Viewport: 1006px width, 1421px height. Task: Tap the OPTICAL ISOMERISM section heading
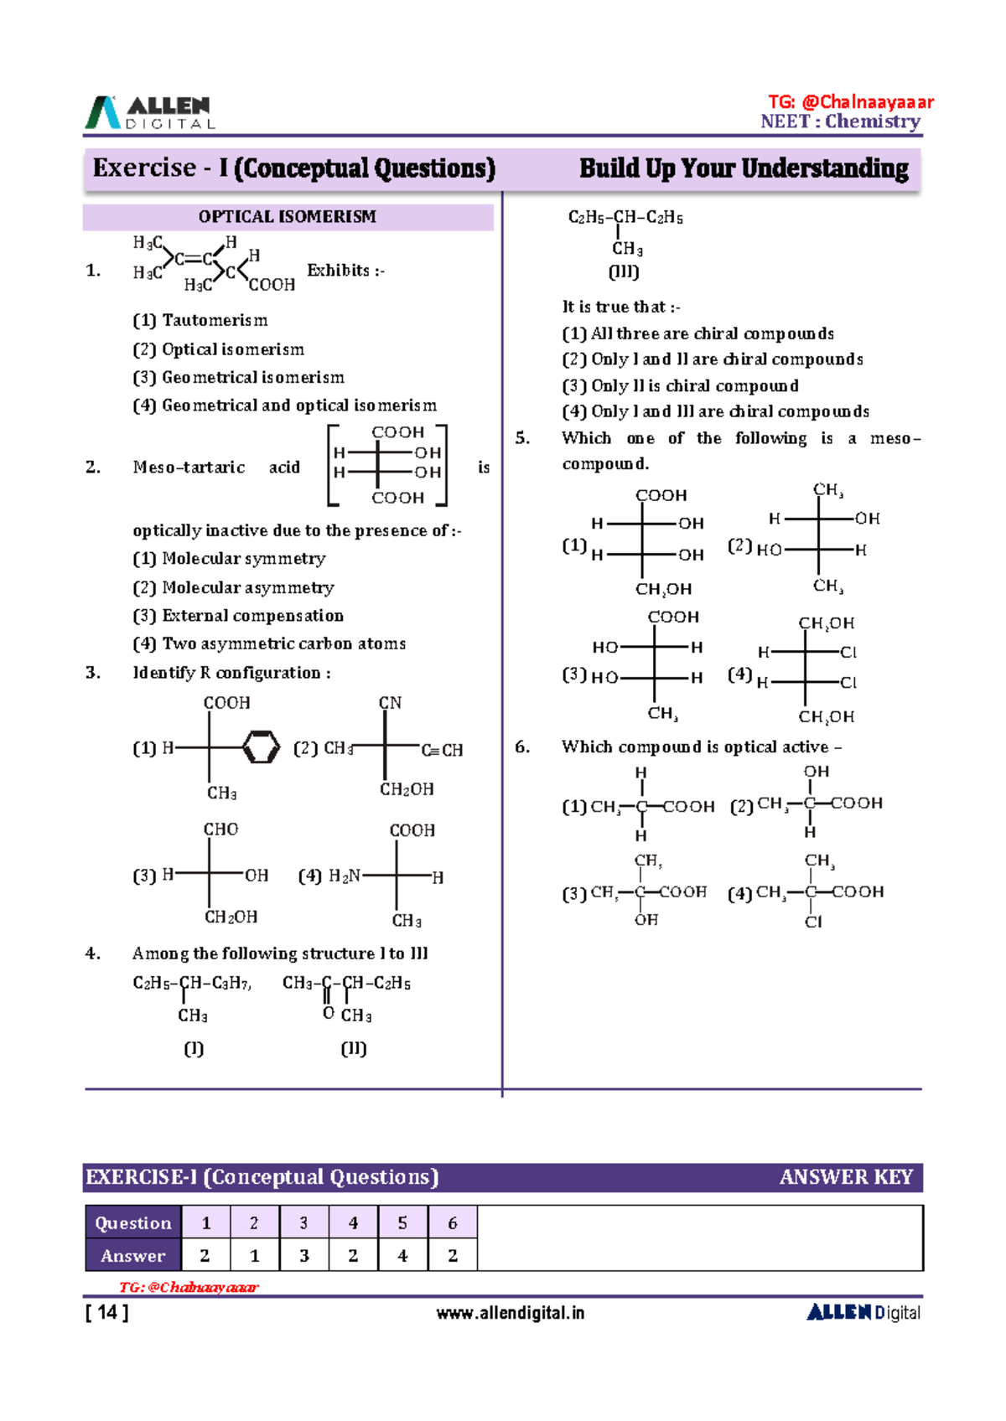[x=287, y=217]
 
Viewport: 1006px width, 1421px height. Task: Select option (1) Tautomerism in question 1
[x=200, y=320]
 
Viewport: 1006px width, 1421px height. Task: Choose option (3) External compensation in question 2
[x=238, y=616]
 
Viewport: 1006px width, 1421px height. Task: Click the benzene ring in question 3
[x=261, y=747]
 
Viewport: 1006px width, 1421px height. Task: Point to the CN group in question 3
[x=390, y=703]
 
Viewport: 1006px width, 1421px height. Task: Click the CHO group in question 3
[x=220, y=829]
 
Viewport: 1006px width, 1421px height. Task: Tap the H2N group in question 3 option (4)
[x=345, y=876]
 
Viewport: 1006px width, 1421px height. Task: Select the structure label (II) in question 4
[x=354, y=1048]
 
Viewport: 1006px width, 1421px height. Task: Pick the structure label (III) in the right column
[x=624, y=272]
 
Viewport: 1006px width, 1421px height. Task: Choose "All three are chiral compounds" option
[x=697, y=333]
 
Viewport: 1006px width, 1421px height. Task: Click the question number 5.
[x=522, y=438]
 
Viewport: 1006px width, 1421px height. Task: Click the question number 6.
[x=522, y=747]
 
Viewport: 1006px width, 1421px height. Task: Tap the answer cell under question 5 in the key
[x=402, y=1255]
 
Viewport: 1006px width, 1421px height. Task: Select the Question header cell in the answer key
[x=133, y=1222]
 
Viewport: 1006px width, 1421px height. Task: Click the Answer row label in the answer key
[x=133, y=1255]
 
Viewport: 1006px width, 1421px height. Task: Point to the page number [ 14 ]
[x=106, y=1313]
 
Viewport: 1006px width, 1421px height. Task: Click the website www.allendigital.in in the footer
[x=510, y=1313]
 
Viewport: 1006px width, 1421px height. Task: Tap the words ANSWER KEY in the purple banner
[x=845, y=1177]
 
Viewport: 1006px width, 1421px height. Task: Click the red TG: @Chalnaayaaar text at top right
[x=850, y=102]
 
